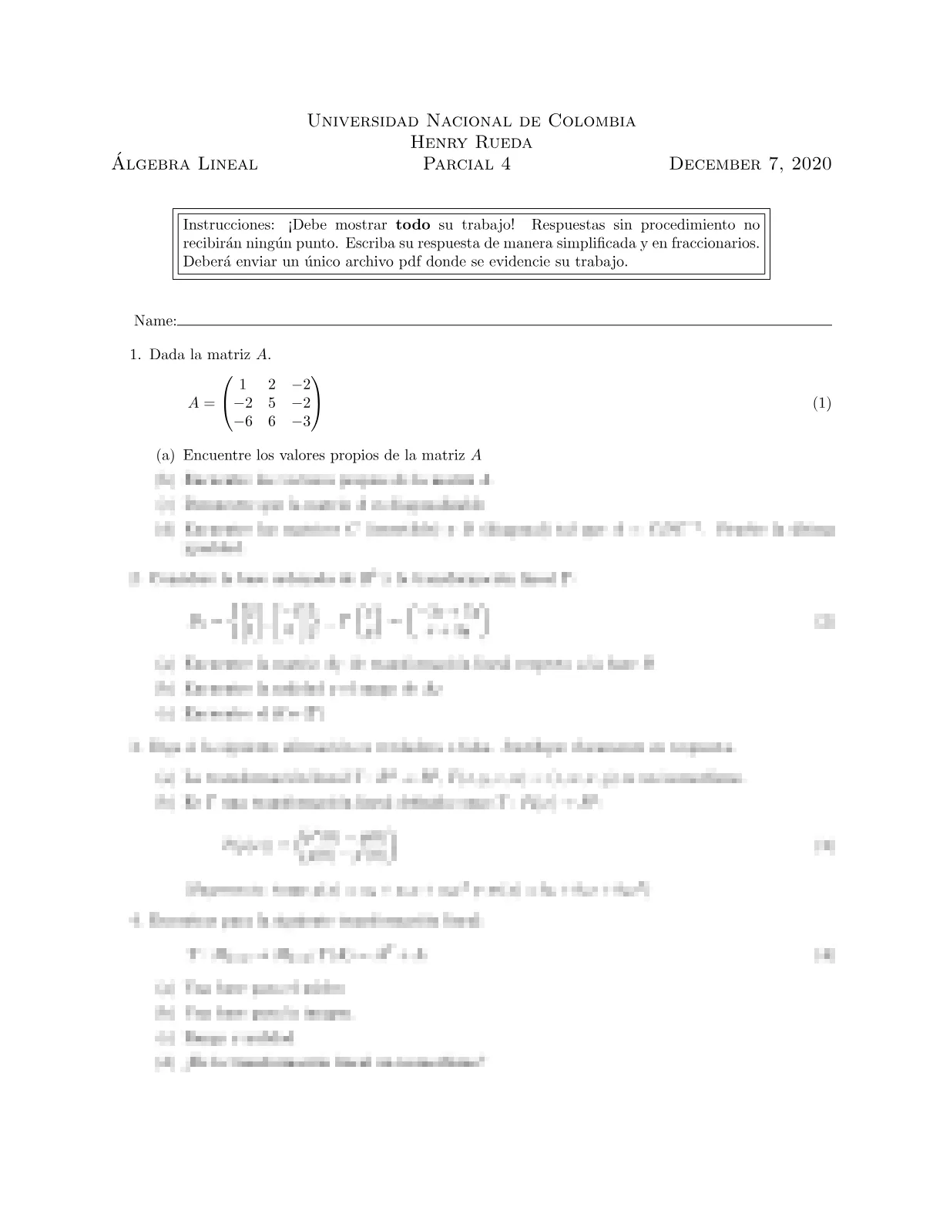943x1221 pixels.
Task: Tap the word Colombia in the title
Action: click(592, 121)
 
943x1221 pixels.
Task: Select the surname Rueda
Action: click(499, 143)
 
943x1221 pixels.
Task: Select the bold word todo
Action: click(412, 225)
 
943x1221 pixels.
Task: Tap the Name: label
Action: click(155, 321)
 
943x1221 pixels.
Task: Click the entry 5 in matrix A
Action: click(272, 402)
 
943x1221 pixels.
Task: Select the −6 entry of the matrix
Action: click(243, 422)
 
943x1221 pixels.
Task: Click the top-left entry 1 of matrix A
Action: click(243, 384)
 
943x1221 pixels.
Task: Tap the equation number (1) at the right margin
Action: click(822, 403)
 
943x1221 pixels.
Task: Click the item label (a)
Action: click(165, 456)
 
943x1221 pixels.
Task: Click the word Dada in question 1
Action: click(166, 355)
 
